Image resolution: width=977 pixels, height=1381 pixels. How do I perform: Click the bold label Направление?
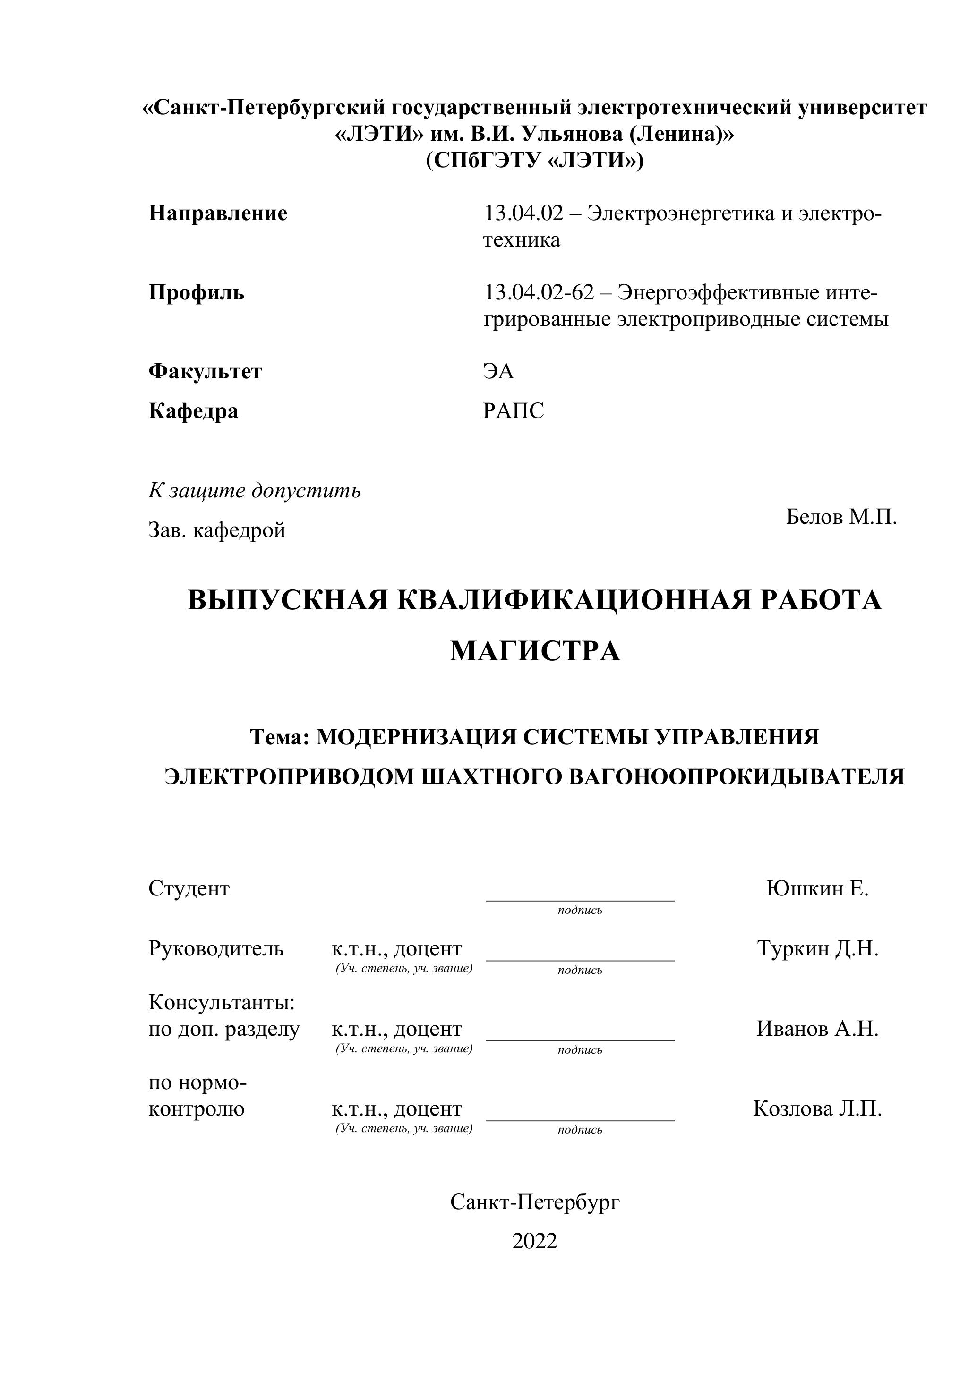[218, 213]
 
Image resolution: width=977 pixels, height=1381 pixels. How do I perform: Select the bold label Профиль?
[196, 293]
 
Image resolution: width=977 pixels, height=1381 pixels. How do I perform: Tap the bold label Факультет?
[205, 371]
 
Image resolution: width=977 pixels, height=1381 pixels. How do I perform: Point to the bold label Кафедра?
[193, 411]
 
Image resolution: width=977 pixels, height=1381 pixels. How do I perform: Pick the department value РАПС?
[513, 411]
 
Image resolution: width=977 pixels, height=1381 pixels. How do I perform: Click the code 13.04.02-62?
[539, 293]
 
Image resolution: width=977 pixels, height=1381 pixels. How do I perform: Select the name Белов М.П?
[841, 517]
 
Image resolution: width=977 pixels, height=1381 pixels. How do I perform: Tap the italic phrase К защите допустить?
[255, 491]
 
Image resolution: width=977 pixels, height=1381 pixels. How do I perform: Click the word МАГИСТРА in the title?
[534, 651]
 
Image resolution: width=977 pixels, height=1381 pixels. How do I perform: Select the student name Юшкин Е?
[817, 888]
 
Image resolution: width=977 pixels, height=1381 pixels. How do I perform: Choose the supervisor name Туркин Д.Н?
[817, 948]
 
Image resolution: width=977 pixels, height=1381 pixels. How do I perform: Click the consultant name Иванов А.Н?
[817, 1029]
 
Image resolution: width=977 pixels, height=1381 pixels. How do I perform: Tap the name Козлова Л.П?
[817, 1108]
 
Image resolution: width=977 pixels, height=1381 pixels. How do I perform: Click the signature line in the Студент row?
[580, 900]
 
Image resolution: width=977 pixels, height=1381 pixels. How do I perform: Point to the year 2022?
[534, 1241]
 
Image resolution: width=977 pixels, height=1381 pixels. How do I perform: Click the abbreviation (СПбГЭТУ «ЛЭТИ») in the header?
[534, 161]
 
